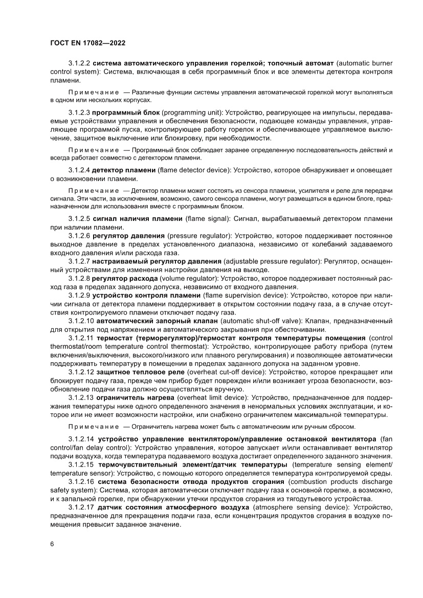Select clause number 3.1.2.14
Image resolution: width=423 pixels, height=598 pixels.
tap(81, 439)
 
